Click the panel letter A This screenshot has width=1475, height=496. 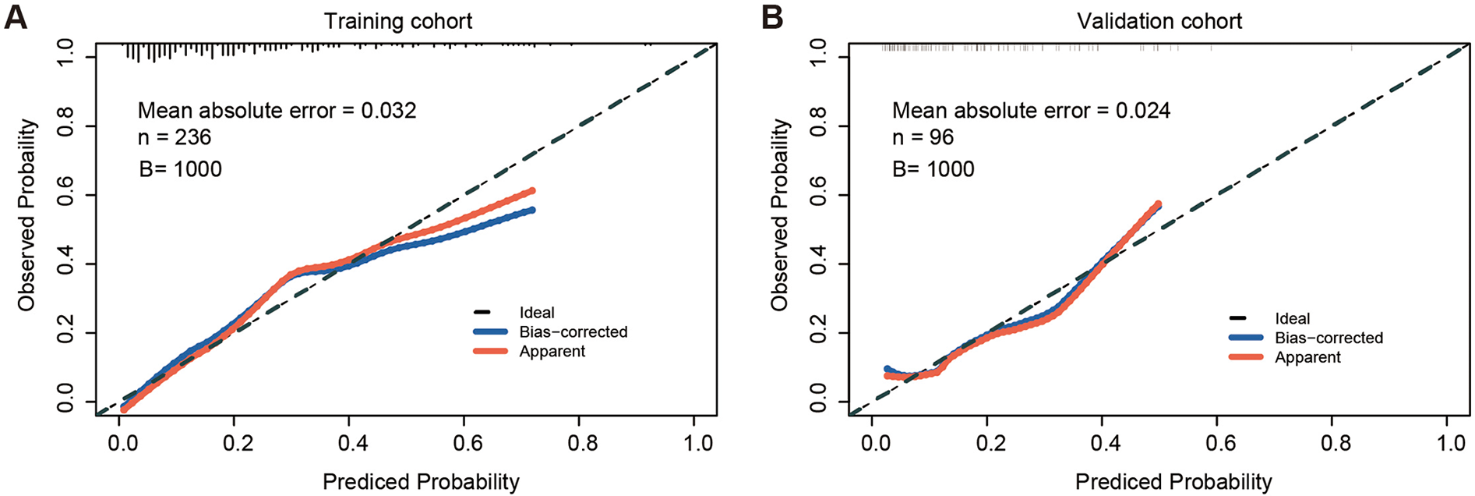[16, 17]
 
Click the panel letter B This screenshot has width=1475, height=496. [771, 17]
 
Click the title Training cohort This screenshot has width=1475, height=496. [398, 21]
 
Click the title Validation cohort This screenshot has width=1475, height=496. [1159, 21]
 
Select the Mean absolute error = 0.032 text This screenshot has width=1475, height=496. [277, 111]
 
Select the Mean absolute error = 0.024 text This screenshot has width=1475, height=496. [1031, 111]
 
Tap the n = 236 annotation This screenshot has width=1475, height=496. [175, 137]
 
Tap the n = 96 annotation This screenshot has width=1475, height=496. [923, 137]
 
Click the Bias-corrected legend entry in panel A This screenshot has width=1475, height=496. [573, 332]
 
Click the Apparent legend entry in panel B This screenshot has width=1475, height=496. [1307, 358]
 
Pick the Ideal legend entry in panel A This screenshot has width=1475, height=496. [537, 313]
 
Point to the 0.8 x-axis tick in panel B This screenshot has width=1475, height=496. [1336, 443]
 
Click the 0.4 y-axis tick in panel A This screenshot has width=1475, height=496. [65, 264]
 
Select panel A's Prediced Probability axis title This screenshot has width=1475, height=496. [421, 482]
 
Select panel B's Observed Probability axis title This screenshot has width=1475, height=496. [780, 214]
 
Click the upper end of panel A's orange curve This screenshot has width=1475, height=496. [532, 190]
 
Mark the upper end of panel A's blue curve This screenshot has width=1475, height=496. [532, 210]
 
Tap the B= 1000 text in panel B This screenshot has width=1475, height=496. [933, 169]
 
